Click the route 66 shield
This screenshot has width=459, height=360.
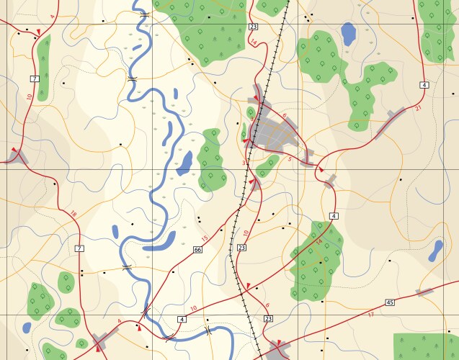[x=198, y=250]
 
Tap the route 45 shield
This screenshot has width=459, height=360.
[x=390, y=302]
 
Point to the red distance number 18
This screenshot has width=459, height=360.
[x=73, y=214]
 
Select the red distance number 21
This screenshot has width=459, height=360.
[x=418, y=108]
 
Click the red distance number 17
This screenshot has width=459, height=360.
[x=371, y=314]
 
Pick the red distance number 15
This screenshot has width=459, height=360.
[x=204, y=238]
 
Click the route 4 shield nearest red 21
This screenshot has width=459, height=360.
[x=424, y=85]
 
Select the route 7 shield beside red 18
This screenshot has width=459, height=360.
[x=79, y=248]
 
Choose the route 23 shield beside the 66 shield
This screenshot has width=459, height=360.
[x=241, y=248]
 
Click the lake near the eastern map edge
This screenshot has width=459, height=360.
[x=436, y=251]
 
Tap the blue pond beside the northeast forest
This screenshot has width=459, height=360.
[x=349, y=34]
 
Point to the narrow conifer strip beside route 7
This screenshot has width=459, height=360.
[x=44, y=68]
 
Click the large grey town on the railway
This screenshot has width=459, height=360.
[x=277, y=132]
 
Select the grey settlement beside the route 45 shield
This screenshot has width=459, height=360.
[x=424, y=292]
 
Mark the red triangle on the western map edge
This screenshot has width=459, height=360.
[x=13, y=149]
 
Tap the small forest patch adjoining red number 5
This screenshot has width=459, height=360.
[x=268, y=165]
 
